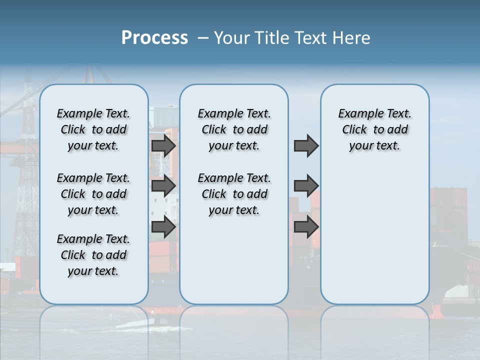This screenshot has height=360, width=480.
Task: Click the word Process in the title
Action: pyautogui.click(x=154, y=38)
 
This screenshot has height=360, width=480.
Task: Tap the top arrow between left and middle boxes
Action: pyautogui.click(x=163, y=145)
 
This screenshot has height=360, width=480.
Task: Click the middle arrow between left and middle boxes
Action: pyautogui.click(x=163, y=186)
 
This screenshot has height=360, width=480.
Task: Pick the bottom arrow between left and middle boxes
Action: pyautogui.click(x=163, y=227)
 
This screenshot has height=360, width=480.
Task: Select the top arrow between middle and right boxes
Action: pyautogui.click(x=306, y=145)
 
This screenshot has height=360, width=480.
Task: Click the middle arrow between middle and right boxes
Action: pyautogui.click(x=306, y=186)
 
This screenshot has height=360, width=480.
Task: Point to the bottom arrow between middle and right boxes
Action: pyautogui.click(x=306, y=227)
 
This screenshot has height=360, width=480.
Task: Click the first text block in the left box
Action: pyautogui.click(x=93, y=129)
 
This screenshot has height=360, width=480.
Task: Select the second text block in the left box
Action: pyautogui.click(x=93, y=194)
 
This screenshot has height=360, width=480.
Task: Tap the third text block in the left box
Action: pyautogui.click(x=93, y=255)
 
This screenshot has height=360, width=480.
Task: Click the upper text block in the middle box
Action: pyautogui.click(x=234, y=129)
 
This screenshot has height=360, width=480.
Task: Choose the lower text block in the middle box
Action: pyautogui.click(x=234, y=194)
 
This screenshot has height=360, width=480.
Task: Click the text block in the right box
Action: pyautogui.click(x=374, y=129)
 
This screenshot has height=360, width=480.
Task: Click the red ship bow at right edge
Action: pyautogui.click(x=436, y=312)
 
